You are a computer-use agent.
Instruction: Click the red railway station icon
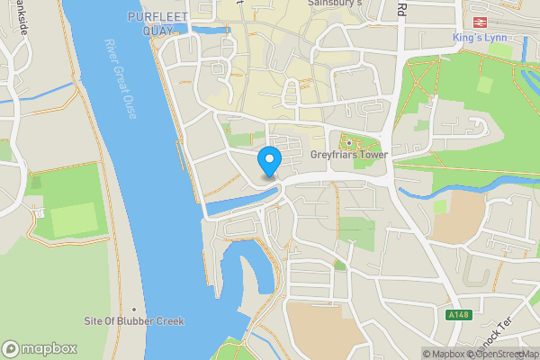point(479,21)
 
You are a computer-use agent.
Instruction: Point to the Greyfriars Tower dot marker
point(348,142)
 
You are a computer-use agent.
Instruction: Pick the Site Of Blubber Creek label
point(133,321)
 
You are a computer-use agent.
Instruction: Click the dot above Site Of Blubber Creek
point(133,310)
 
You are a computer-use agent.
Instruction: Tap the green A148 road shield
point(459,314)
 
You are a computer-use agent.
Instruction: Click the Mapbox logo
point(39,348)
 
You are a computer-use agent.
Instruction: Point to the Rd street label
point(401,10)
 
